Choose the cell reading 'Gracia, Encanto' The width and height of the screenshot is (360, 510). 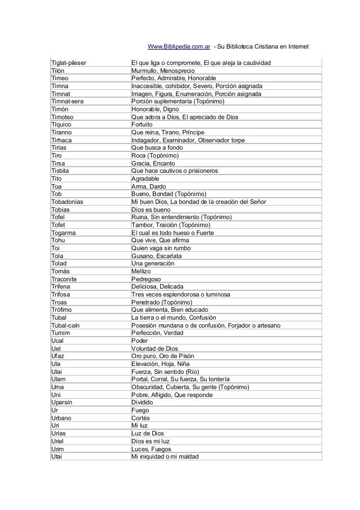(x=152, y=163)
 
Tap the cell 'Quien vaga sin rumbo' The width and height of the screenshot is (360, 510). (x=161, y=248)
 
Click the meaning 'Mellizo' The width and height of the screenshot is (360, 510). (x=141, y=272)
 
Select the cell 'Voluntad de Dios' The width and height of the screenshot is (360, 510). (x=154, y=348)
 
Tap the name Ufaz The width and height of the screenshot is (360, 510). (x=57, y=356)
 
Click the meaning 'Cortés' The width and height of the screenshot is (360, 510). (x=140, y=418)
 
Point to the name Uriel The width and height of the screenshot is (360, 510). (x=57, y=441)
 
